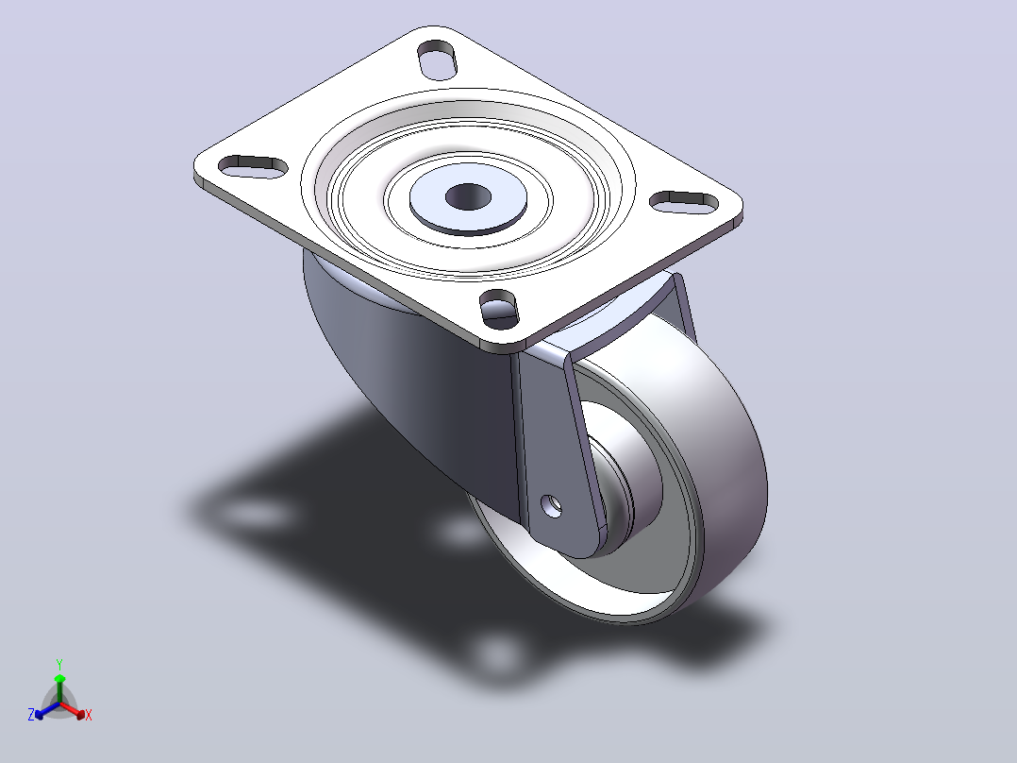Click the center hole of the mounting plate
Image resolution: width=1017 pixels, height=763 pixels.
point(468,196)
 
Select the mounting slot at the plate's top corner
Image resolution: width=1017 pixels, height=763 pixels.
point(437,60)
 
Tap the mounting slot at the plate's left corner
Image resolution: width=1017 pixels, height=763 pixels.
point(253,166)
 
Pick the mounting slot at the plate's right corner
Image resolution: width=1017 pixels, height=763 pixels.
point(684,202)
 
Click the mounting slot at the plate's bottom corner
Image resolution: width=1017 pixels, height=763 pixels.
point(499,309)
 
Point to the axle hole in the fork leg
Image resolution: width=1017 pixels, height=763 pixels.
point(552,505)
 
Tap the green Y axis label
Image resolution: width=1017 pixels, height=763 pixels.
point(59,664)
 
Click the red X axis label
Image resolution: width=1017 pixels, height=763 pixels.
point(89,715)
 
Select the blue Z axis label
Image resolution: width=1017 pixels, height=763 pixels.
point(30,715)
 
